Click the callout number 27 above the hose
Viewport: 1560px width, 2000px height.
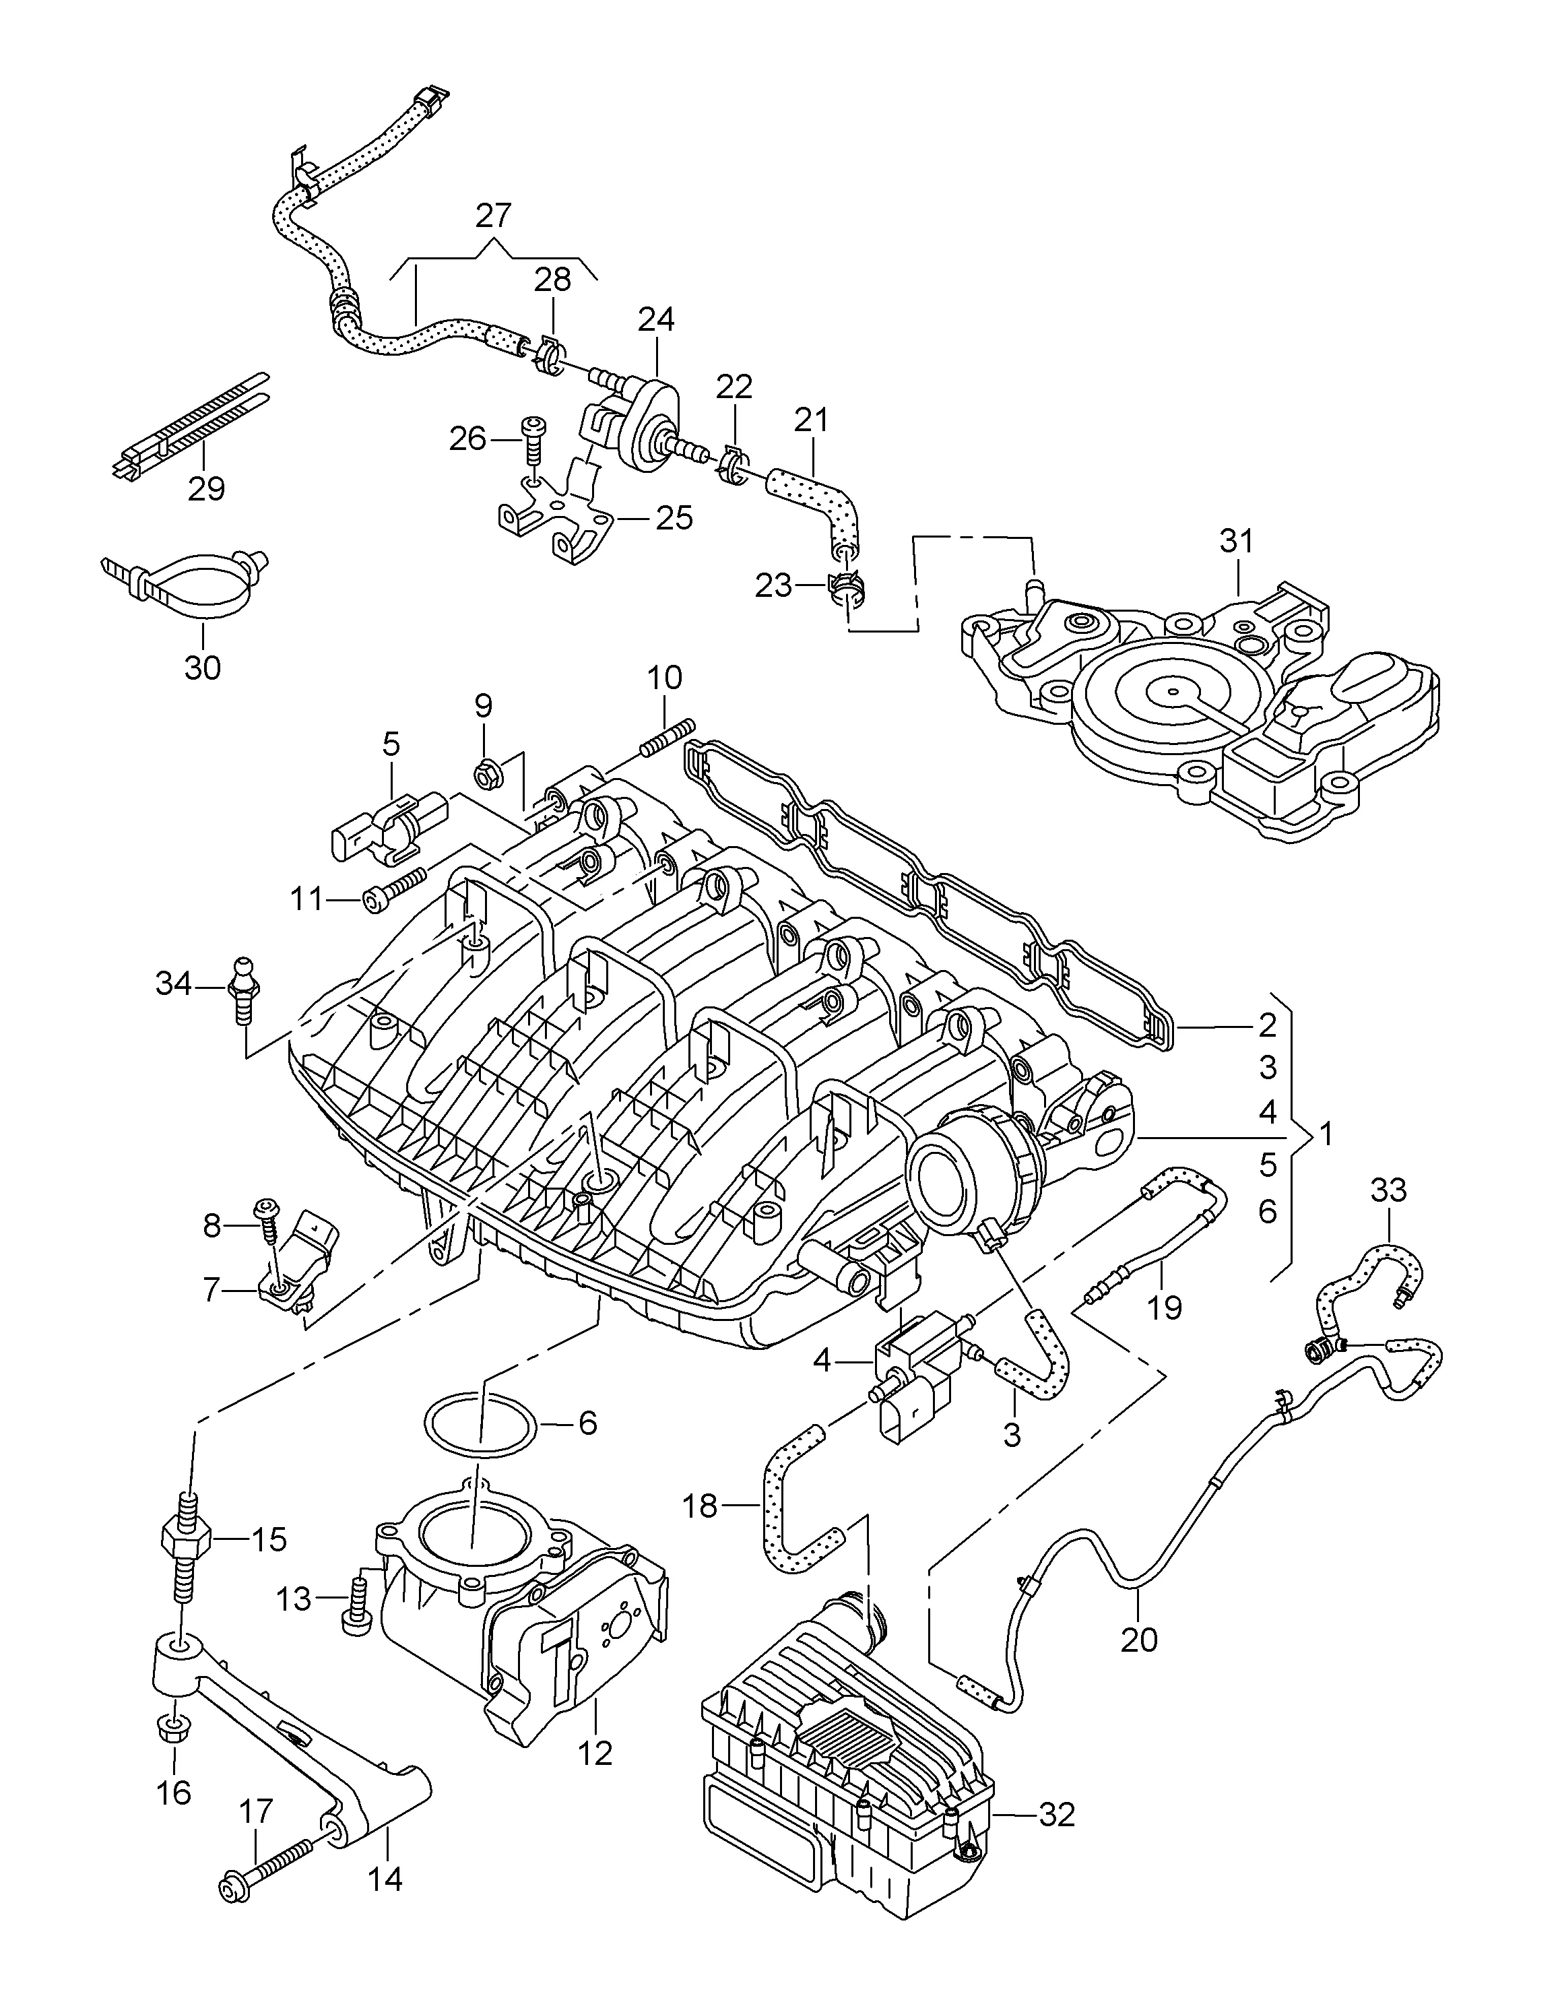494,216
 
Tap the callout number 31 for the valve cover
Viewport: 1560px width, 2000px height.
1236,541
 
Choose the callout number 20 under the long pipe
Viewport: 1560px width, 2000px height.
1140,1639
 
